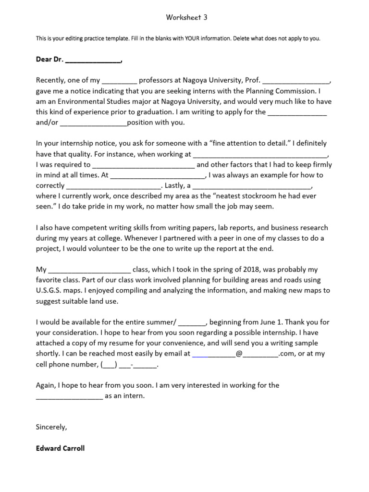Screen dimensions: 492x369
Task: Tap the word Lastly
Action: tap(176, 185)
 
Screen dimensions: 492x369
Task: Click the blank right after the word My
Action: tap(90, 270)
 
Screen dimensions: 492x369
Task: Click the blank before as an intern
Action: tap(69, 396)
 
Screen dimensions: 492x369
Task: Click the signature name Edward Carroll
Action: tap(60, 448)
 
